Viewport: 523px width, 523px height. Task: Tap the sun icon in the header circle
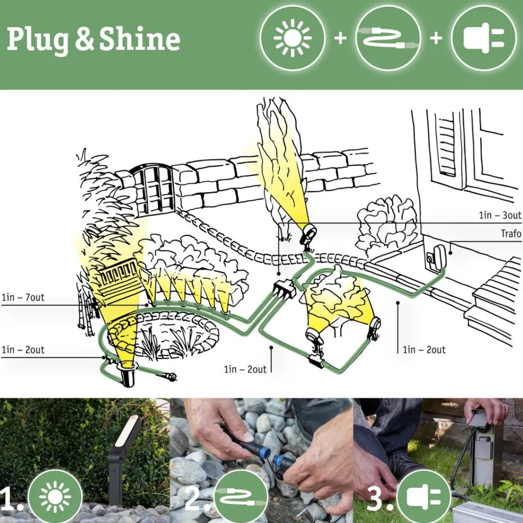pos(292,38)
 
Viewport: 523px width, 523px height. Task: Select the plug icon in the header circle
pos(484,38)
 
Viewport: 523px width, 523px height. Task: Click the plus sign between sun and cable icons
pos(340,38)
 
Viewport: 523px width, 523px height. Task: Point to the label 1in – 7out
pos(23,298)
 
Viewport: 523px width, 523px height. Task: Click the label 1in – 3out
pos(500,215)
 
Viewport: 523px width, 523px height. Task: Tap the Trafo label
pos(511,234)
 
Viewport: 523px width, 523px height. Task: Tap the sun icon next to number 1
pos(54,497)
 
